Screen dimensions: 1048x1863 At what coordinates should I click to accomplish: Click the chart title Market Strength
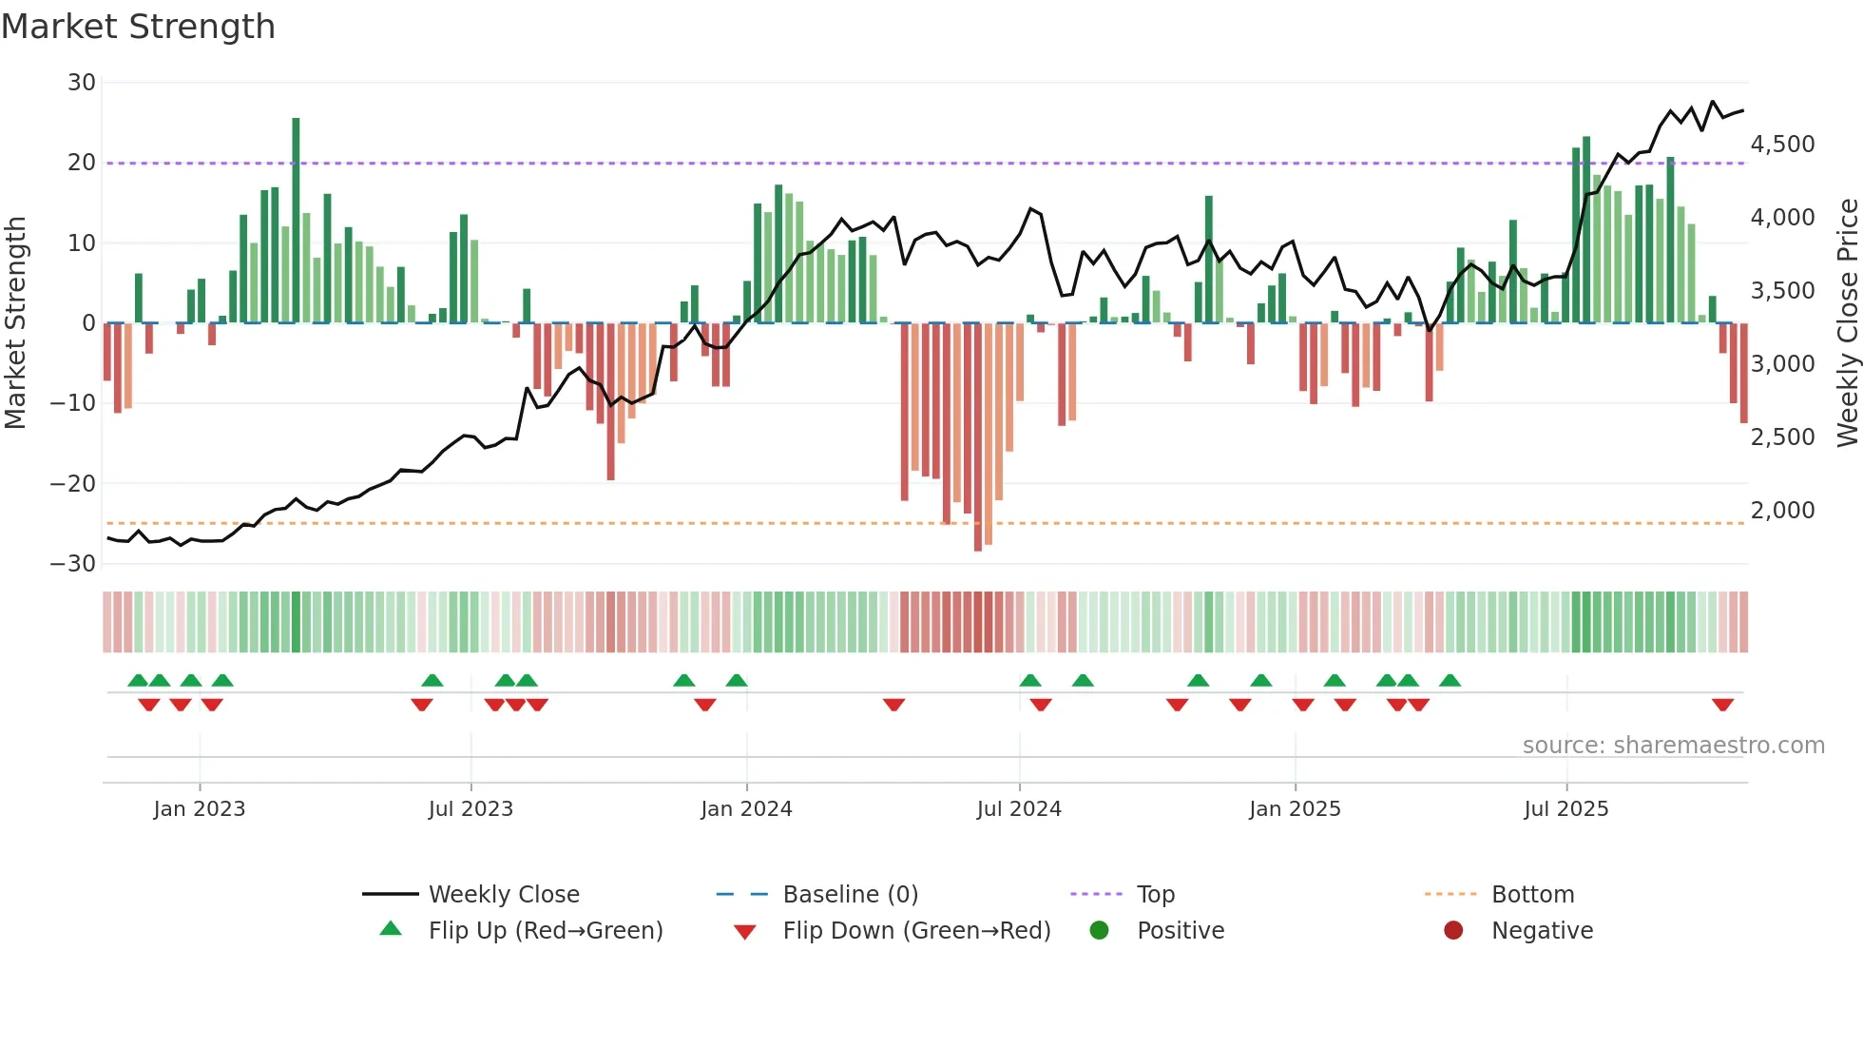pyautogui.click(x=138, y=27)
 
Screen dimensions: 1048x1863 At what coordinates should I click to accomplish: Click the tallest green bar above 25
pyautogui.click(x=296, y=219)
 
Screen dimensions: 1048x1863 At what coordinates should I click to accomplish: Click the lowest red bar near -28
pyautogui.click(x=978, y=437)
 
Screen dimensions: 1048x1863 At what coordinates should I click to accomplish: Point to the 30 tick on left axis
pyautogui.click(x=82, y=83)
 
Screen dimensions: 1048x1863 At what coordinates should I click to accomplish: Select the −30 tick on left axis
pyautogui.click(x=73, y=564)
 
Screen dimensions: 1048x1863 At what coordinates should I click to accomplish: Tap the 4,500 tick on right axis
pyautogui.click(x=1782, y=145)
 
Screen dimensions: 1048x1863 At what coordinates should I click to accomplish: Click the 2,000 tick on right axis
pyautogui.click(x=1782, y=511)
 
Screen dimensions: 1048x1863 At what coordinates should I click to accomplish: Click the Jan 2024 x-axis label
pyautogui.click(x=746, y=809)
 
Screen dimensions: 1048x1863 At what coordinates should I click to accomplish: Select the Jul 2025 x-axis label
pyautogui.click(x=1565, y=809)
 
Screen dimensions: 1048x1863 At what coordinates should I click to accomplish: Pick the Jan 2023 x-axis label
pyautogui.click(x=200, y=809)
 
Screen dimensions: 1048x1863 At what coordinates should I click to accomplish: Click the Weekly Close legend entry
pyautogui.click(x=503, y=895)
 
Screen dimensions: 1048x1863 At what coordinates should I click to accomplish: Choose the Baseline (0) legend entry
pyautogui.click(x=850, y=895)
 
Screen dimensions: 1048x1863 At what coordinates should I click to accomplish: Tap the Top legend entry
pyautogui.click(x=1155, y=895)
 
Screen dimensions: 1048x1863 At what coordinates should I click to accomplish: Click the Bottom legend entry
pyautogui.click(x=1532, y=895)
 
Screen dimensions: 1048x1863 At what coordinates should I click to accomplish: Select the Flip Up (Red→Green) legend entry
pyautogui.click(x=545, y=931)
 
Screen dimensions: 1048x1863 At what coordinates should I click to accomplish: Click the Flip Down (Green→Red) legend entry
pyautogui.click(x=916, y=931)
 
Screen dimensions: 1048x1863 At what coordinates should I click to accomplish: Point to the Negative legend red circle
pyautogui.click(x=1453, y=931)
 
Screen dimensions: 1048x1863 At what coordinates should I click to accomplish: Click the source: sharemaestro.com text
pyautogui.click(x=1673, y=746)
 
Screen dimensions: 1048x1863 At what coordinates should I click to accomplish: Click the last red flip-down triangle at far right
pyautogui.click(x=1722, y=705)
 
